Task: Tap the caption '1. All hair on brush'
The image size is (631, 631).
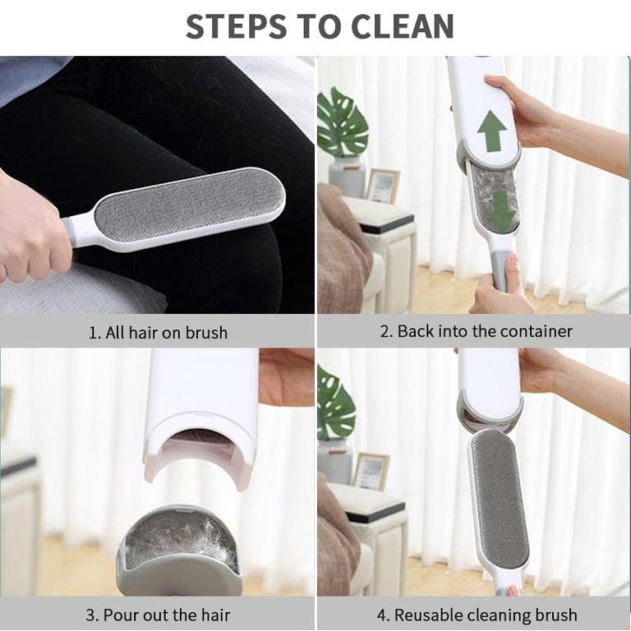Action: (x=158, y=333)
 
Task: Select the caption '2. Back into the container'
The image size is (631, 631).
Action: (x=476, y=331)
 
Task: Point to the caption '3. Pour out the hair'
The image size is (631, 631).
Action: (x=158, y=615)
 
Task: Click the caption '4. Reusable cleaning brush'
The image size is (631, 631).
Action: (x=477, y=615)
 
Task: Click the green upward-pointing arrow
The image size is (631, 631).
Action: (x=492, y=131)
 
